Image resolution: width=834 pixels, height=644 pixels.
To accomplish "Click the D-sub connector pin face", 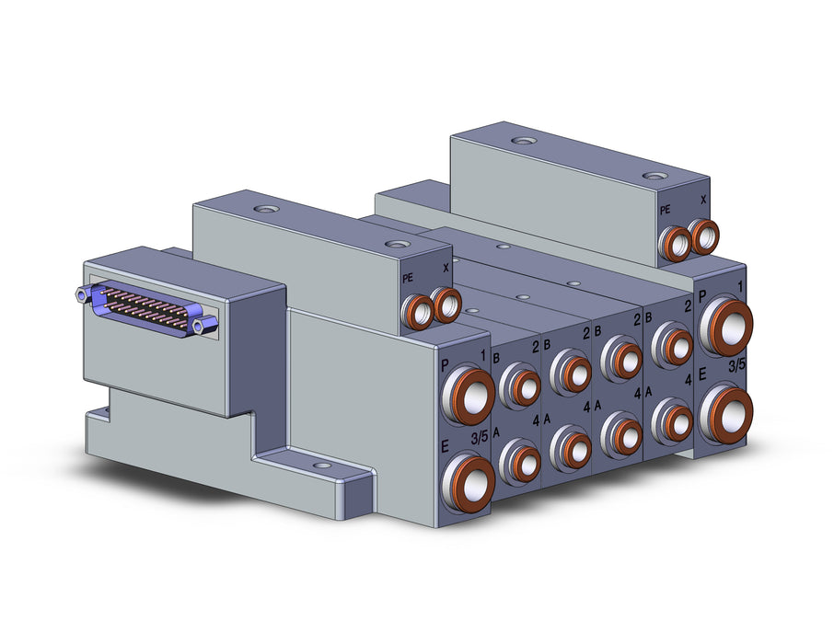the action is tap(146, 307).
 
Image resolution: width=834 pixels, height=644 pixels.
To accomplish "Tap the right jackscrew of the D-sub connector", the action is tap(206, 325).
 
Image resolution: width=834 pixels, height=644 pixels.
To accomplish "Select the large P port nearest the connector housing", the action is tap(468, 395).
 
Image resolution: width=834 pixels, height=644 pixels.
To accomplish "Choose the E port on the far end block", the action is tap(725, 413).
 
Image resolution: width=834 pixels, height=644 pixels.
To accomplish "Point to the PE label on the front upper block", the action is tap(408, 278).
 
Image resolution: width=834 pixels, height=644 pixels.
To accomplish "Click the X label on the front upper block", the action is tap(446, 269).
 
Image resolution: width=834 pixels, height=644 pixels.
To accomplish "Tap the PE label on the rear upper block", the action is tap(665, 210).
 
